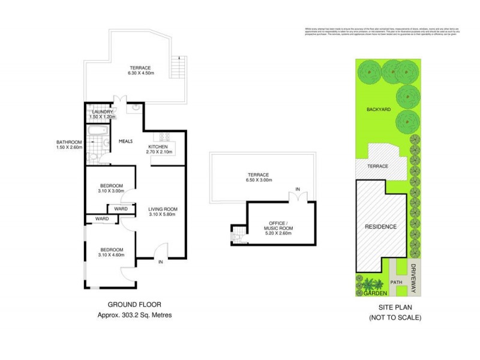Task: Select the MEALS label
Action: point(125,141)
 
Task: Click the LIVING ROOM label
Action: point(163,209)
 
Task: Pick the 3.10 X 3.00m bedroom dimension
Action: point(111,191)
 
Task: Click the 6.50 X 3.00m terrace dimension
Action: point(259,180)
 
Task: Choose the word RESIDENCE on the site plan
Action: point(381,227)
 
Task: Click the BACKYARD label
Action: point(379,110)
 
